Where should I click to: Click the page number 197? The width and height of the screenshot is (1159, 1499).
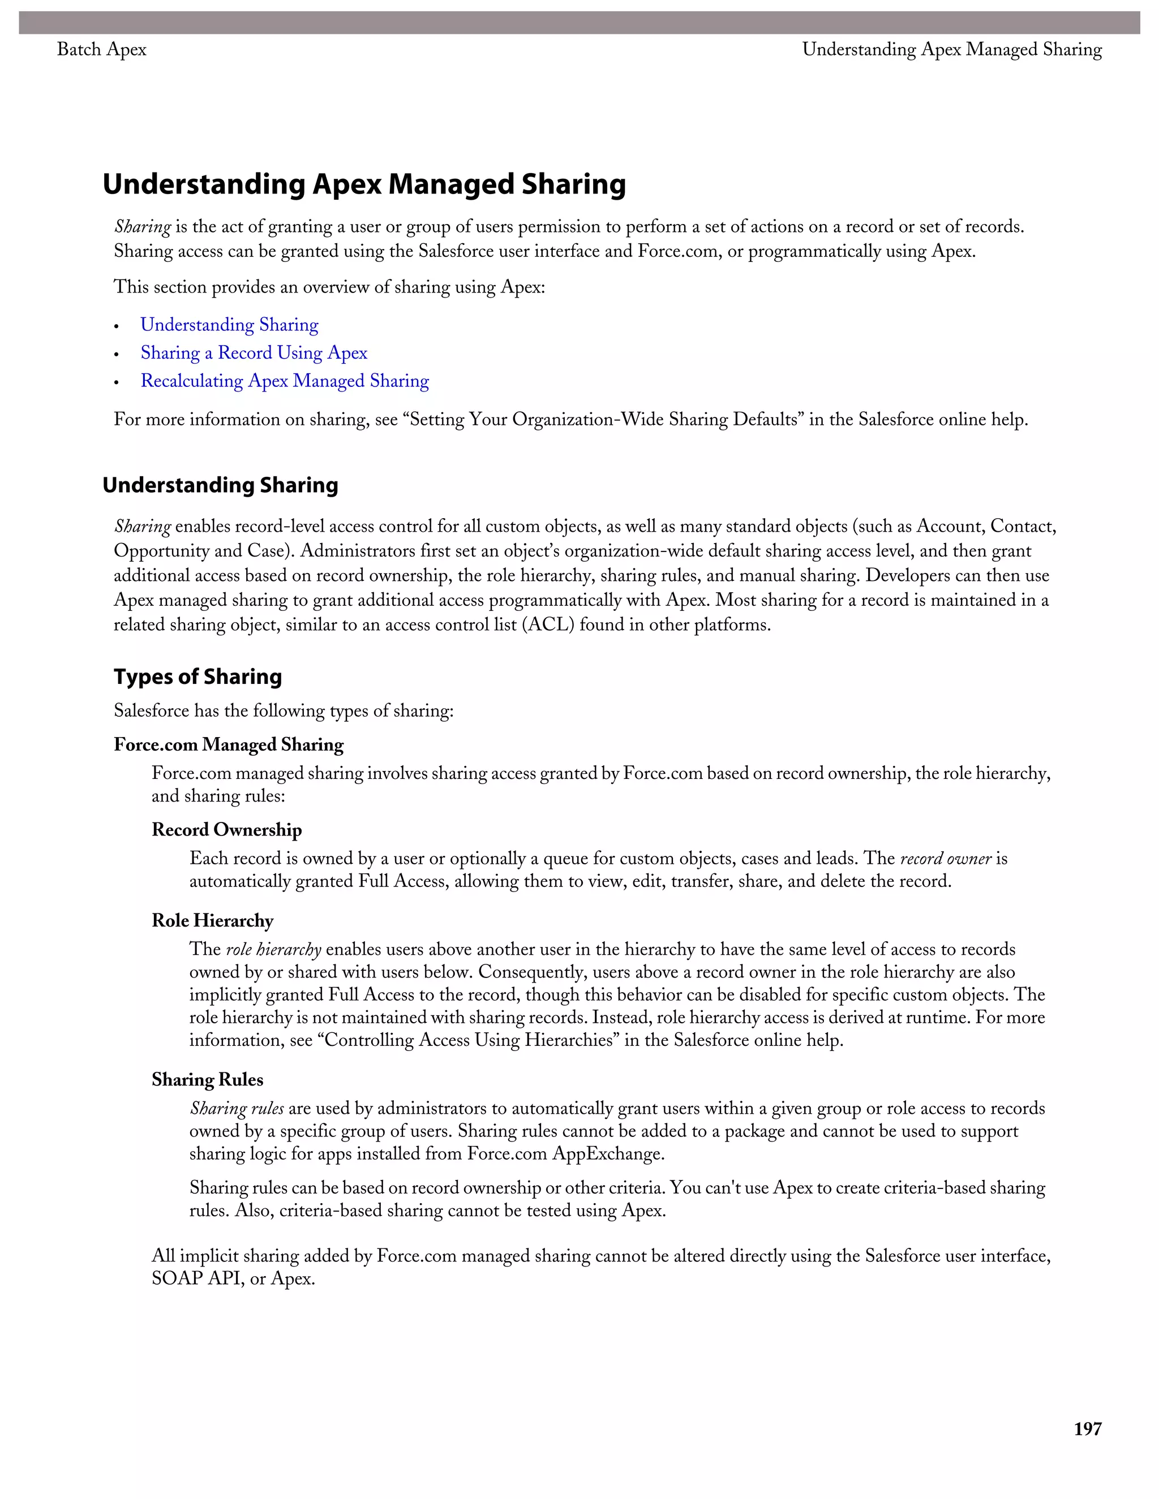1088,1429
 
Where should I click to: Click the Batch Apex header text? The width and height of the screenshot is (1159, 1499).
102,49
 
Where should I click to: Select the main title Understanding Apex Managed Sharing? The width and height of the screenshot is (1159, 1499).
364,184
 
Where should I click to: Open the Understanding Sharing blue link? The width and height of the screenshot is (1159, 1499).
229,325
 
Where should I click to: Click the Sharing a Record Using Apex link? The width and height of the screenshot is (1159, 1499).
254,353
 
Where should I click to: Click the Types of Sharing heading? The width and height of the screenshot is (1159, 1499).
198,677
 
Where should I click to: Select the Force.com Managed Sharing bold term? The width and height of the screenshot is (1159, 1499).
229,745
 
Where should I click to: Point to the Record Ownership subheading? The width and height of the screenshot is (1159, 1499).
226,830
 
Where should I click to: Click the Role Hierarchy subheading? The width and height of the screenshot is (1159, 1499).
212,920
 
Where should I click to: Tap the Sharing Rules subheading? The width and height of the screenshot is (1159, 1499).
207,1080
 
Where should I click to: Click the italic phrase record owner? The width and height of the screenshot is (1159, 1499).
946,859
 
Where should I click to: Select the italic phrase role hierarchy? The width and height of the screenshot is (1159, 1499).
273,950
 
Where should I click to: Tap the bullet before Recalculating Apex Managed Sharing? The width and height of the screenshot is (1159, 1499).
117,382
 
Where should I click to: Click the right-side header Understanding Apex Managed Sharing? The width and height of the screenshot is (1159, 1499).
952,49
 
